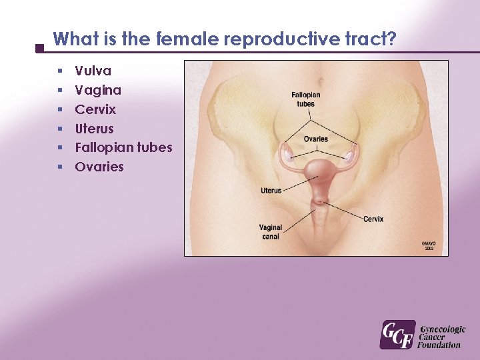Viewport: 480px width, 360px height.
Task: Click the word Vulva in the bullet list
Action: [x=93, y=71]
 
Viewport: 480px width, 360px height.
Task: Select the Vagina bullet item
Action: [x=98, y=90]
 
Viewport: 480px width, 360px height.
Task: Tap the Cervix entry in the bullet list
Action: [x=95, y=109]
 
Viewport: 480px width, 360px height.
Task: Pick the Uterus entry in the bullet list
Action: [x=94, y=129]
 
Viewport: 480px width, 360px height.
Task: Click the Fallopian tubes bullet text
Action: [x=123, y=147]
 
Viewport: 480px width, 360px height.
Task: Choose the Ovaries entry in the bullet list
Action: [x=99, y=167]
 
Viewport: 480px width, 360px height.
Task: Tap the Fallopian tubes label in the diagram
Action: [x=305, y=99]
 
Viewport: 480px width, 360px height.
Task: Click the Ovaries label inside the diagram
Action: [x=315, y=139]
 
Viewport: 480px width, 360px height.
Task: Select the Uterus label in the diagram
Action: [x=271, y=191]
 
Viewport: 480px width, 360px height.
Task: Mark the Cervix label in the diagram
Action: [x=373, y=219]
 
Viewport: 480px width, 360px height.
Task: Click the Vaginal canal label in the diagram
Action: [x=271, y=231]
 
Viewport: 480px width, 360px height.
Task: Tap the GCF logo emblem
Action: [x=397, y=335]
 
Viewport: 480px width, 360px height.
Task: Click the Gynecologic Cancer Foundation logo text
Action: [x=441, y=337]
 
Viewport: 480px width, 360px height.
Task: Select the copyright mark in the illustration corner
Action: [x=429, y=245]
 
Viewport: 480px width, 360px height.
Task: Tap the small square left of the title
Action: [x=39, y=48]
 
